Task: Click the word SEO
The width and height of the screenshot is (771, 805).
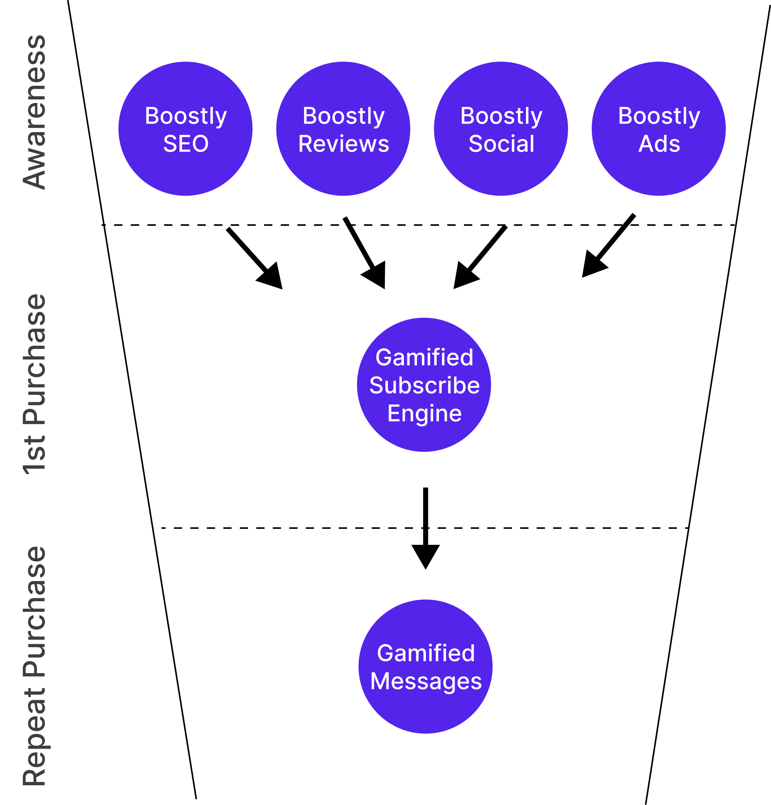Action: click(185, 144)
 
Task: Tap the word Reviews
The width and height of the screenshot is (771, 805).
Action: click(344, 144)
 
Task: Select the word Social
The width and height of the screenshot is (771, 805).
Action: click(501, 144)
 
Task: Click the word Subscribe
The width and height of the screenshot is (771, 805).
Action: click(424, 385)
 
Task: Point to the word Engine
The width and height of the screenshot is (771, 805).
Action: click(424, 413)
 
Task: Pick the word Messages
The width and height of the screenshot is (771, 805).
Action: click(426, 681)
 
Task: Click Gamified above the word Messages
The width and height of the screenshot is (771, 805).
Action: click(426, 653)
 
